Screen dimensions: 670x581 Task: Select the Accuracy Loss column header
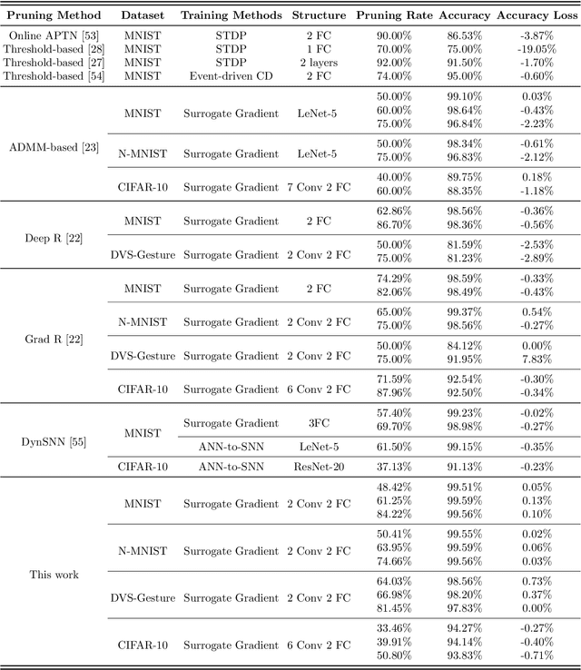pos(532,15)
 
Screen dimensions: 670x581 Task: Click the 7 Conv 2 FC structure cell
pos(320,187)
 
